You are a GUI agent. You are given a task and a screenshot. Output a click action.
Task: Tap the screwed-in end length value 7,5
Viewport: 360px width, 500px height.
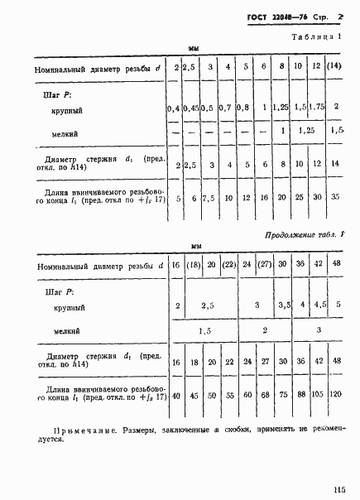pyautogui.click(x=210, y=200)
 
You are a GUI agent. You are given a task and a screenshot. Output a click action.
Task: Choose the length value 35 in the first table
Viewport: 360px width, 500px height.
pyautogui.click(x=335, y=200)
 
